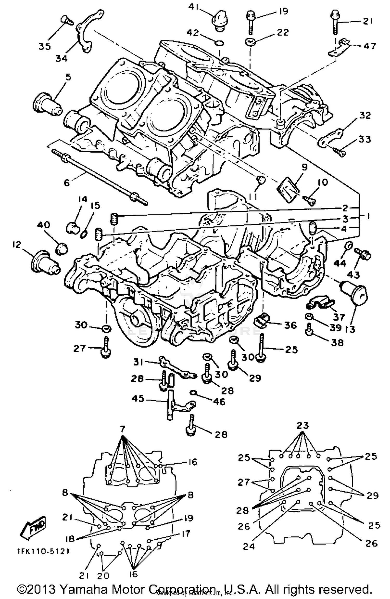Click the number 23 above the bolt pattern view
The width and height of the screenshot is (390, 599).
[x=302, y=425]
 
